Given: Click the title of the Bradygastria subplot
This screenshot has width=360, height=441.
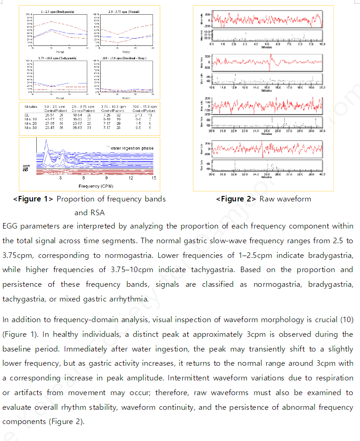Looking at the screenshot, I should pyautogui.click(x=58, y=11).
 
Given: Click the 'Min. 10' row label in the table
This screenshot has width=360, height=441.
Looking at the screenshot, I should pyautogui.click(x=31, y=119).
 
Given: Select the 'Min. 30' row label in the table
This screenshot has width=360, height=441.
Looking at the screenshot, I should pyautogui.click(x=31, y=128).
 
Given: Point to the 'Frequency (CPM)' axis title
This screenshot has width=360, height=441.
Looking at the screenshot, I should pyautogui.click(x=90, y=186).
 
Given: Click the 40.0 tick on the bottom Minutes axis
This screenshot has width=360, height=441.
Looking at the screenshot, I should pyautogui.click(x=322, y=174).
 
